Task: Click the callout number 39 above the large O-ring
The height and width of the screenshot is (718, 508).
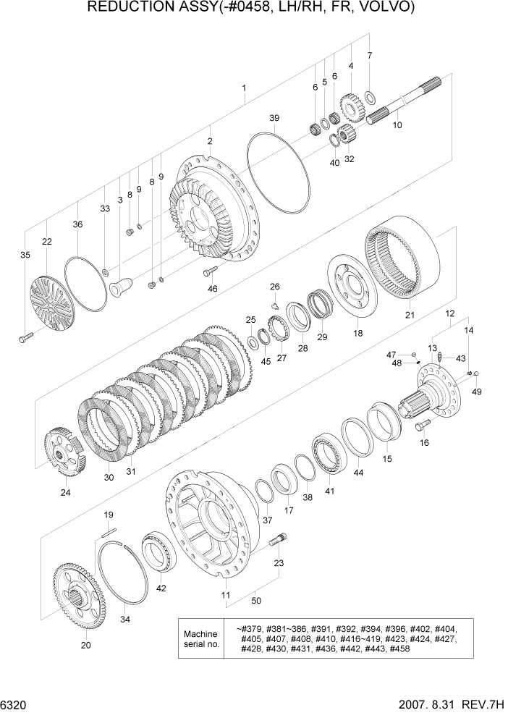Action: pyautogui.click(x=274, y=118)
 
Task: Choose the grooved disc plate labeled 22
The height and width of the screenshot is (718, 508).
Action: pyautogui.click(x=51, y=303)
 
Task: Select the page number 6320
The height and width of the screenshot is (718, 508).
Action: pyautogui.click(x=14, y=703)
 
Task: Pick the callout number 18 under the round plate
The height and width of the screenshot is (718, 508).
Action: pyautogui.click(x=357, y=332)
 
